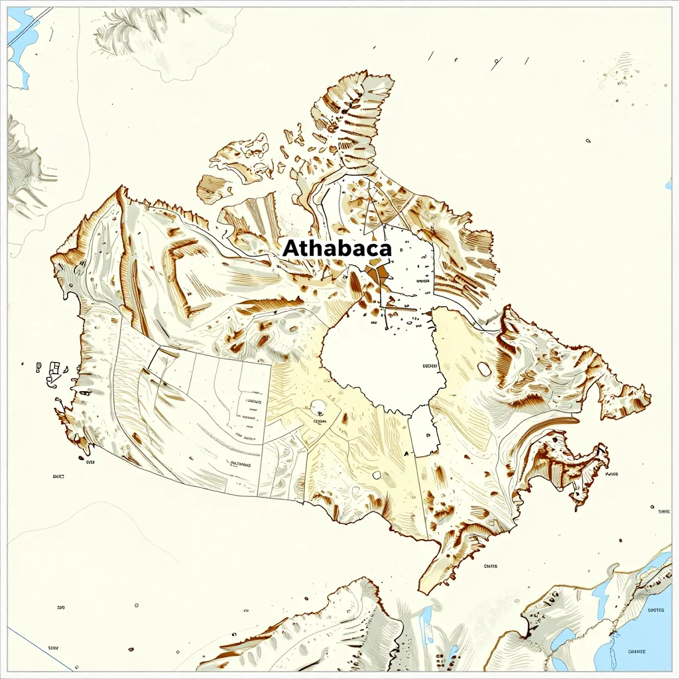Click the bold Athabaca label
337,248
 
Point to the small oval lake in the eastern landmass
484,369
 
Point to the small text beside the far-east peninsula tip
611,475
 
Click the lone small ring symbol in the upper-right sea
587,141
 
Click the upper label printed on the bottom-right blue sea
656,611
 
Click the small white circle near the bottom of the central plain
377,475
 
